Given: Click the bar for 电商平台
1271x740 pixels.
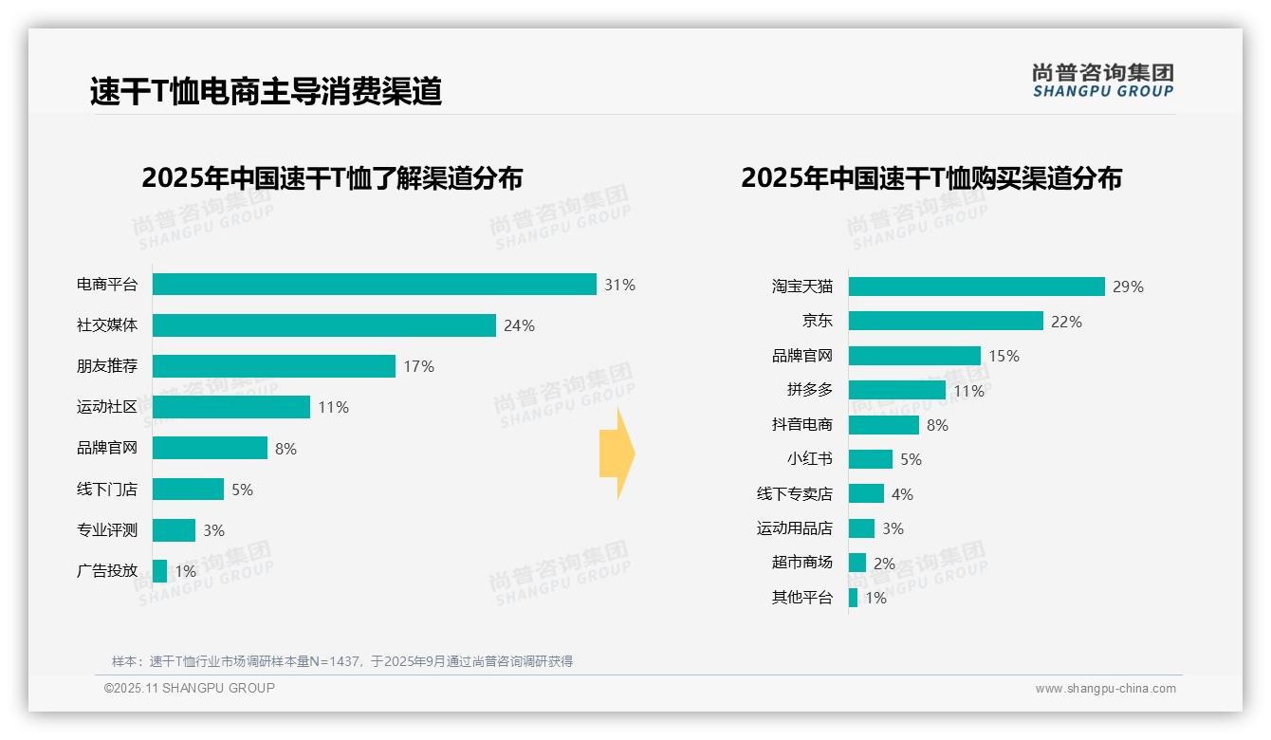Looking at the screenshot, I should pos(374,285).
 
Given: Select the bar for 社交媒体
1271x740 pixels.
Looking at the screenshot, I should pos(323,325).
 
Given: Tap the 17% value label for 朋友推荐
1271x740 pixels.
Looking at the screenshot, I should pos(418,366).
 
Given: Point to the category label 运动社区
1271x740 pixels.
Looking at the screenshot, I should pos(107,407).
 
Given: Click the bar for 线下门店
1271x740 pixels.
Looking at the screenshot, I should pos(188,490).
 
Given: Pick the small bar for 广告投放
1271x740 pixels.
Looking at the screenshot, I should pos(159,571).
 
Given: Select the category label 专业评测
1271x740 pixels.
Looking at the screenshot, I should pos(107,530).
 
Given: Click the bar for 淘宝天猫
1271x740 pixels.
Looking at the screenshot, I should pos(976,287).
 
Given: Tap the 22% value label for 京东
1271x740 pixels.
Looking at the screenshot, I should pos(1066,322).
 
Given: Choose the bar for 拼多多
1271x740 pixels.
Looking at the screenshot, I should pos(896,390).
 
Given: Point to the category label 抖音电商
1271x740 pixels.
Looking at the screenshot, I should pos(802,424).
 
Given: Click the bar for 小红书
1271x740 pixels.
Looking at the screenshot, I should pos(870,459).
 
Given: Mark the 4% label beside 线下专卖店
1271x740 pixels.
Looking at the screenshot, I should pos(902,494).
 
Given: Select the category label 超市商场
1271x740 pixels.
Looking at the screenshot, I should pos(802,562).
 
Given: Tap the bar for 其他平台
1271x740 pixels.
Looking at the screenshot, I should pos(853,598).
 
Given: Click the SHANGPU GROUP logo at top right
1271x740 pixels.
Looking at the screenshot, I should pos(1102,81).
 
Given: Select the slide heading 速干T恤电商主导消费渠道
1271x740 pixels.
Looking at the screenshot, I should pos(266,91).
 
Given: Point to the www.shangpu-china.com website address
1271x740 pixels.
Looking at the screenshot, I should pos(1105,689).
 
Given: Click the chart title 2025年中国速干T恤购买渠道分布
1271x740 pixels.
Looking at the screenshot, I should pos(930,178).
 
